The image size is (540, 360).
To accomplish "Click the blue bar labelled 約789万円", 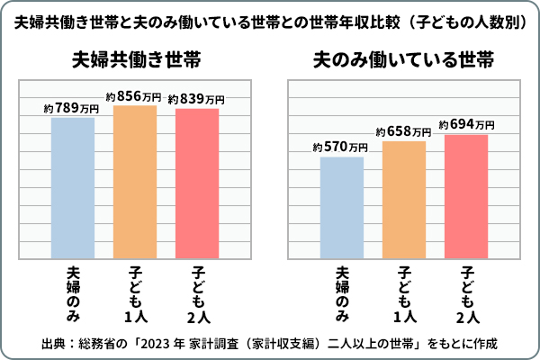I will click(73, 187).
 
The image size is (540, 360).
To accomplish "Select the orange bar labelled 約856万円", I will click(135, 182).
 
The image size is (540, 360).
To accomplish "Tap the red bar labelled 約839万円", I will click(197, 183).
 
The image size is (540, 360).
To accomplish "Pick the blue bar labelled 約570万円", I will click(342, 207).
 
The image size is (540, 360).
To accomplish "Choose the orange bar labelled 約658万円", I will click(404, 199).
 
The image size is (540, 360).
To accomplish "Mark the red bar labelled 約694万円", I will click(466, 195).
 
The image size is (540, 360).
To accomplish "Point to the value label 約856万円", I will click(134, 96).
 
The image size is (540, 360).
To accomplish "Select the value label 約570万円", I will click(341, 148).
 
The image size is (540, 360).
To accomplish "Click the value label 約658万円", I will click(403, 131).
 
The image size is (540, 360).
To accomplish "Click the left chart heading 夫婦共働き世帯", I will click(136, 61).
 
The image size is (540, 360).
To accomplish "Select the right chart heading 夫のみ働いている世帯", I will click(403, 61).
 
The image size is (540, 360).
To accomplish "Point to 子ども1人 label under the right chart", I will click(405, 293).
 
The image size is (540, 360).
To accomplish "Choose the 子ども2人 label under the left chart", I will click(198, 293).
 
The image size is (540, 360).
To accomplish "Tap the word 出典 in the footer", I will click(53, 344).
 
